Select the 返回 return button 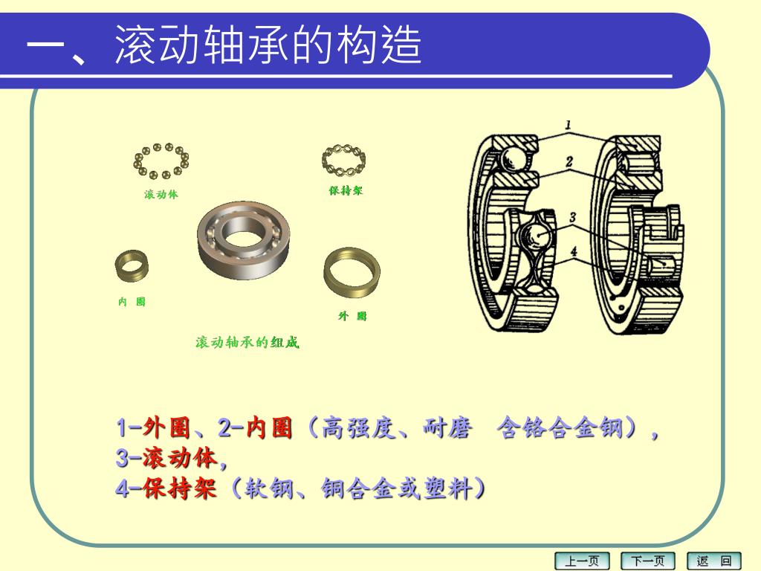(x=714, y=561)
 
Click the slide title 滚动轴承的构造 (x=268, y=45)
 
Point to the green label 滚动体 (x=161, y=194)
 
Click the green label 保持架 (x=346, y=190)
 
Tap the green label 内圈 (x=132, y=302)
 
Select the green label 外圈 (x=352, y=316)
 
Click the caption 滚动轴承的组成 (x=247, y=342)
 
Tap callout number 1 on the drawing (x=568, y=125)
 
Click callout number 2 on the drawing (x=569, y=161)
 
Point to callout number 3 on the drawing (x=573, y=217)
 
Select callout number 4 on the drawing (x=574, y=251)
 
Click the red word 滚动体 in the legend (x=180, y=458)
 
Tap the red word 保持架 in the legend (x=180, y=488)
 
